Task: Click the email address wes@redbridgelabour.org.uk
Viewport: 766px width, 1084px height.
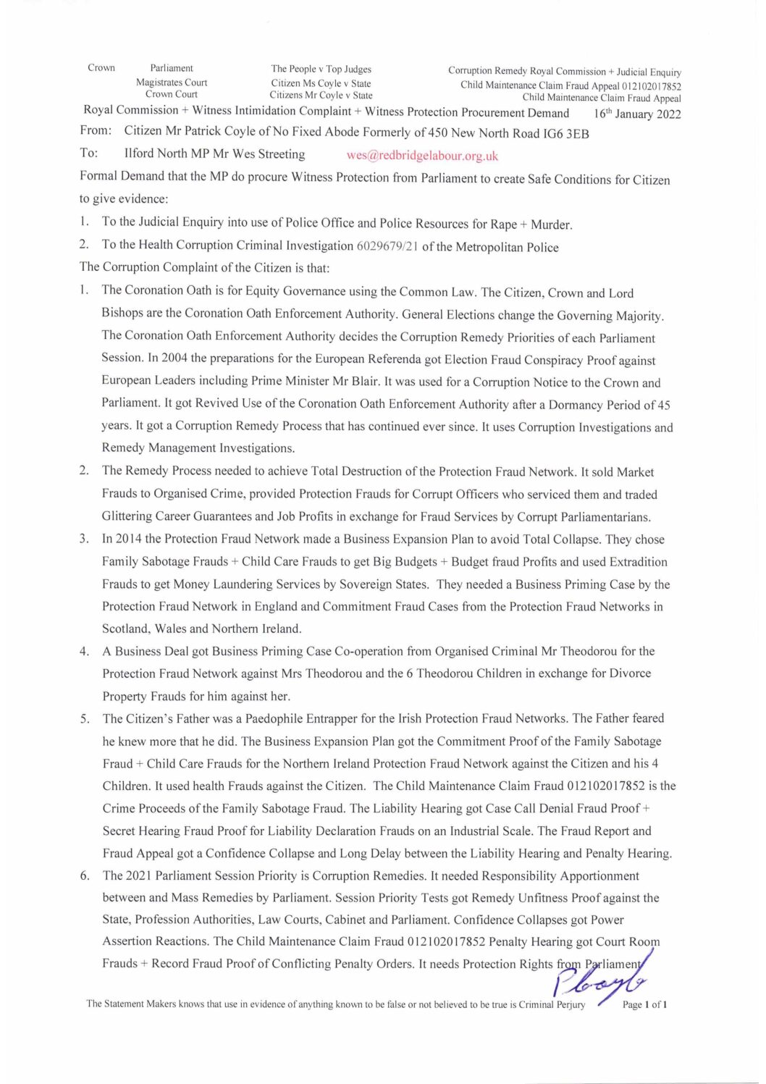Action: [x=422, y=156]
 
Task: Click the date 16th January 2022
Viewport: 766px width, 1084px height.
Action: [x=637, y=114]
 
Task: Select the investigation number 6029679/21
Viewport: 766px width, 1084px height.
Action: [x=387, y=247]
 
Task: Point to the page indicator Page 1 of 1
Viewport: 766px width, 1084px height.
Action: [x=644, y=1004]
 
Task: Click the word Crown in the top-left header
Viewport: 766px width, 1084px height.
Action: [x=101, y=68]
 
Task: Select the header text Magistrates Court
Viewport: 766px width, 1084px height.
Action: [x=172, y=83]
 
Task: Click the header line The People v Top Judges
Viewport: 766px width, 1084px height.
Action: [x=321, y=70]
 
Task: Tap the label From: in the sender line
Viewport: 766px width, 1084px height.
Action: [x=96, y=131]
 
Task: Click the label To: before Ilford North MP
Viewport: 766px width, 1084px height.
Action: [x=89, y=154]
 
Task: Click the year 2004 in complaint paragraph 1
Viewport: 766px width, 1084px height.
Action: [x=174, y=358]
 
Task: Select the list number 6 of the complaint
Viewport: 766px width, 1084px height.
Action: [x=85, y=875]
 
